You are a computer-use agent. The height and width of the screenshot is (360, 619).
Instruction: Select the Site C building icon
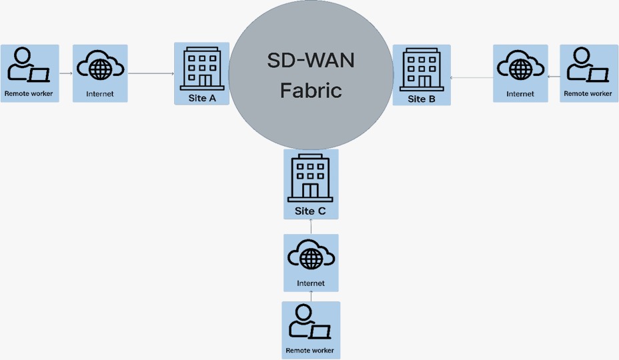coord(310,178)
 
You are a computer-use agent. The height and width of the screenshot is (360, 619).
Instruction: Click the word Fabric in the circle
coord(311,89)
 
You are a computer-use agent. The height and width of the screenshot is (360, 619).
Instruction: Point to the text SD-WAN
coord(311,61)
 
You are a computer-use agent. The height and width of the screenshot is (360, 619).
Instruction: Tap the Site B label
coord(421,99)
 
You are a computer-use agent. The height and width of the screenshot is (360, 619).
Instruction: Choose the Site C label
coord(310,211)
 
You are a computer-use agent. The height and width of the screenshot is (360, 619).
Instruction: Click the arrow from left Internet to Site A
coord(155,73)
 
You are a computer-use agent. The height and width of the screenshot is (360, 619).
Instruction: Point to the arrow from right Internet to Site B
coord(472,78)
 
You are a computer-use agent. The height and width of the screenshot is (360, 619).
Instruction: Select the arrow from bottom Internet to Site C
coord(311,227)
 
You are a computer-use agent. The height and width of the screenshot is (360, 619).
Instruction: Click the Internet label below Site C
coord(311,283)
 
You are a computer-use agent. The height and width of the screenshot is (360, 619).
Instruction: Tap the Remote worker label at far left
coord(29,93)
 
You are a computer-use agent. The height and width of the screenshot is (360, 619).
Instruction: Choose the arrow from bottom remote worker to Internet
coord(311,297)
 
